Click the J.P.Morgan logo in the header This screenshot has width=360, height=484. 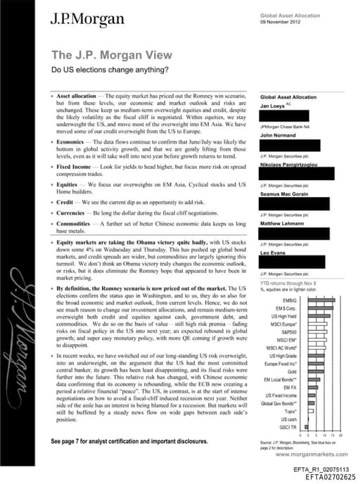coord(79,20)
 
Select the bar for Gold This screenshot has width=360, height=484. coord(319,371)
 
